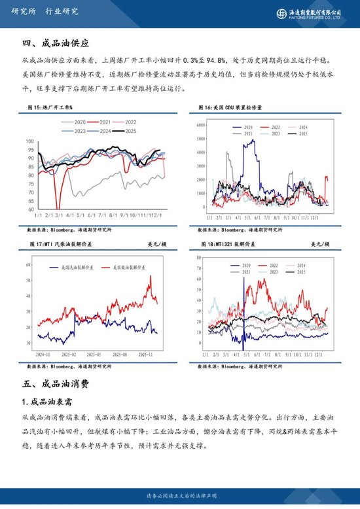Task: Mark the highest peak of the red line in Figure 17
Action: (x=151, y=276)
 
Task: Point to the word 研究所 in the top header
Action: (x=23, y=11)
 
